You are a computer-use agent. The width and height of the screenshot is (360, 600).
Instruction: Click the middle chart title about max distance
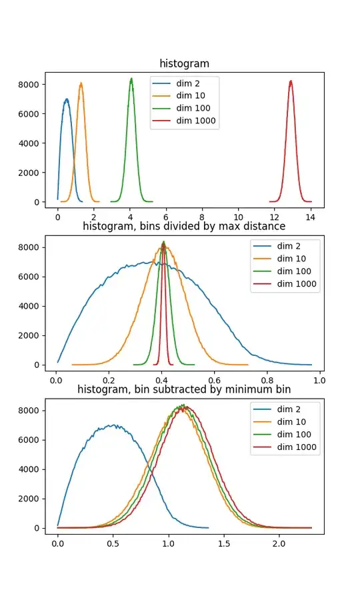coord(183,226)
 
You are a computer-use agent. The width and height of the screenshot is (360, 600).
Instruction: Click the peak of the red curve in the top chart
coord(291,81)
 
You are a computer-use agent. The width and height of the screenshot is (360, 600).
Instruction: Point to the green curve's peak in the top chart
coord(131,78)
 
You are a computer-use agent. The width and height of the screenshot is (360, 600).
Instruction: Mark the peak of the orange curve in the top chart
coord(81,83)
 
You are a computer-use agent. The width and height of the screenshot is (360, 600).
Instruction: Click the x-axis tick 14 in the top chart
coord(311,217)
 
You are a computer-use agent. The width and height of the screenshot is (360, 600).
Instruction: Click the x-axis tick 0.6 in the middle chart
coord(214,380)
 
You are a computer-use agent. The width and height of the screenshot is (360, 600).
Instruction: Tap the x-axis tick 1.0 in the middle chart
coord(319,380)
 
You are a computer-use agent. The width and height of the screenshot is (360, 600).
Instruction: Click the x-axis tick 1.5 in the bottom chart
coord(223,543)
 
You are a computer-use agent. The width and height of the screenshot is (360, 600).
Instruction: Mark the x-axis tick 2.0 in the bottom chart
coord(279,543)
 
